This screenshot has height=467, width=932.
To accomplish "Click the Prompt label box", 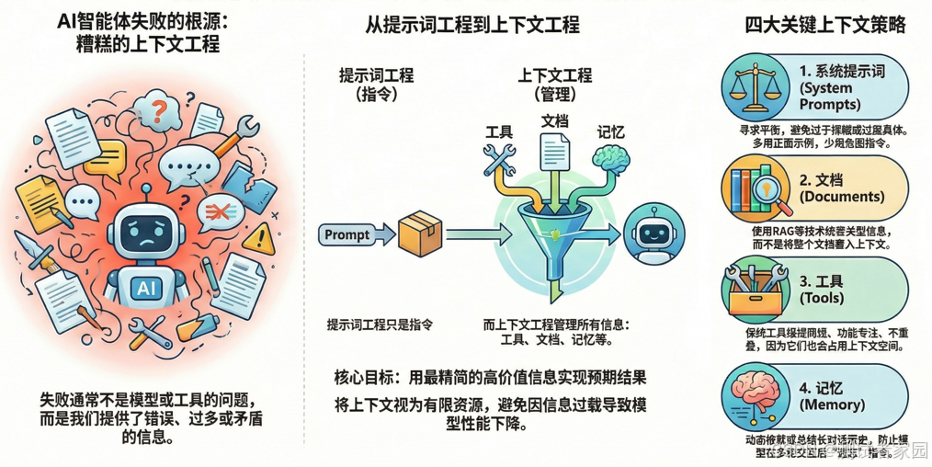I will [x=347, y=234].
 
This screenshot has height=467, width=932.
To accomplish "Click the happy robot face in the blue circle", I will [x=653, y=233].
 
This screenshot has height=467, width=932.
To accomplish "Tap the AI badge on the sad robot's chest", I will [x=146, y=289].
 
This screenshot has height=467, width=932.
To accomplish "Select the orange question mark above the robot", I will [x=159, y=112].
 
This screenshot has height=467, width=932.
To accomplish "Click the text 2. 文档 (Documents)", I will [x=840, y=188].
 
